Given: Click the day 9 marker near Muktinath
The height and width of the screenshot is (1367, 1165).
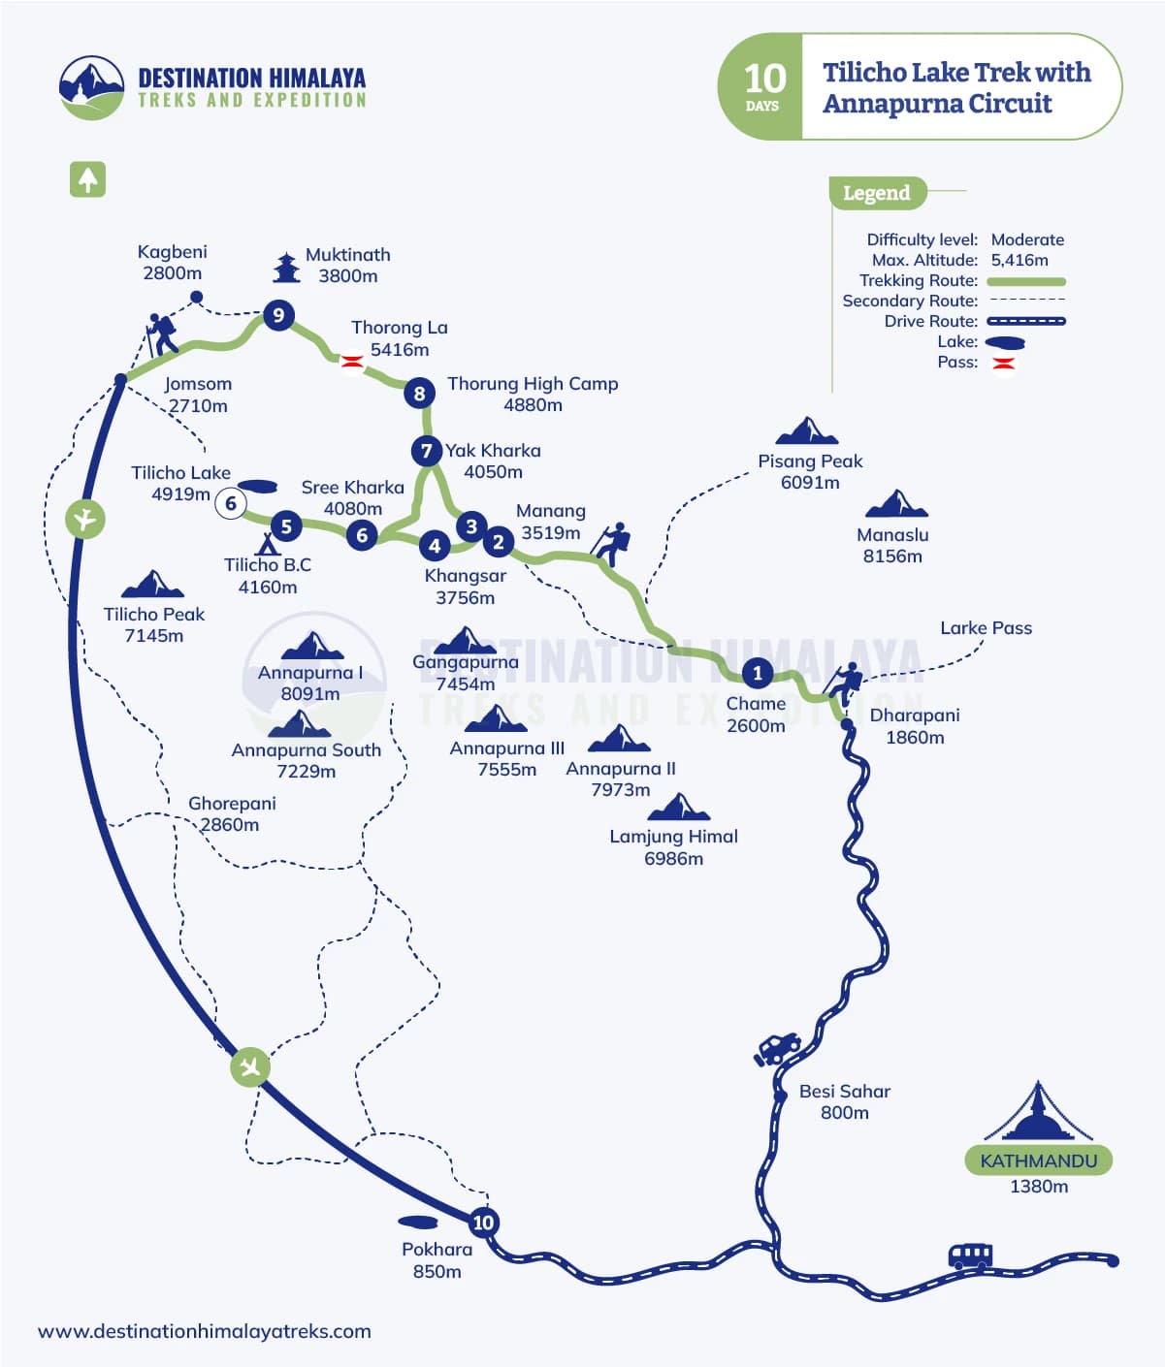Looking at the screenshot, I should (278, 315).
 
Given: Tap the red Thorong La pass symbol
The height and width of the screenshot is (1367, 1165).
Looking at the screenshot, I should (351, 362).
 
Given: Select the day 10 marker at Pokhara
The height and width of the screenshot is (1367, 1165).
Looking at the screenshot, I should (483, 1222).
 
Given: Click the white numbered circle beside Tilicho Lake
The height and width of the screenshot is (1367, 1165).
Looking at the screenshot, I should (231, 503).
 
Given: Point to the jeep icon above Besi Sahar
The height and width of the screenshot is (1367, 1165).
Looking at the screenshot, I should (777, 1048).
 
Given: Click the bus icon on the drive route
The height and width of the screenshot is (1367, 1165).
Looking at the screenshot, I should (970, 1256).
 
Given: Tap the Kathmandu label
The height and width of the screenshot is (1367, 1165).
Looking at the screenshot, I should (1038, 1160).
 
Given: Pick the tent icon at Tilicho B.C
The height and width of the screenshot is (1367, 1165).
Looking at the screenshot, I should (265, 543).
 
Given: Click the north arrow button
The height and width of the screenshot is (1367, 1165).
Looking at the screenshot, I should (87, 179).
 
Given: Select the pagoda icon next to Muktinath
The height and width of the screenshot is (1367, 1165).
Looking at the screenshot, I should (285, 267).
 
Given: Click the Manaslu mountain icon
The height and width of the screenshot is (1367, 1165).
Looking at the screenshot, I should (895, 504).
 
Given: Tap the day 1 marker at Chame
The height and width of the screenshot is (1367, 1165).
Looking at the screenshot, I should (758, 672).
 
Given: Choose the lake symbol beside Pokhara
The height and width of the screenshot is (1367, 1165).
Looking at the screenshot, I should (417, 1222).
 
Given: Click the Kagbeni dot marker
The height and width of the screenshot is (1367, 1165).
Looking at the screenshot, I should (196, 297).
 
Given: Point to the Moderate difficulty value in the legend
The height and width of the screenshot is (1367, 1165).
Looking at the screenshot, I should (1027, 239).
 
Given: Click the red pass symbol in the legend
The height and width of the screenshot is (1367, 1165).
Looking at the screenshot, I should (1004, 364).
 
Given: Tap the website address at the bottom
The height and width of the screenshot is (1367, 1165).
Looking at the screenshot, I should (205, 1331).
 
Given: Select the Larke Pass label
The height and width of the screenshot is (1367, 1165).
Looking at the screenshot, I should (986, 628).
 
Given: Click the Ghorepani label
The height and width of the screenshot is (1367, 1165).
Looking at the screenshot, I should (232, 804).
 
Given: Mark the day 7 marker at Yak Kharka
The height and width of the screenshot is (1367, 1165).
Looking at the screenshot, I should (426, 451).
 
